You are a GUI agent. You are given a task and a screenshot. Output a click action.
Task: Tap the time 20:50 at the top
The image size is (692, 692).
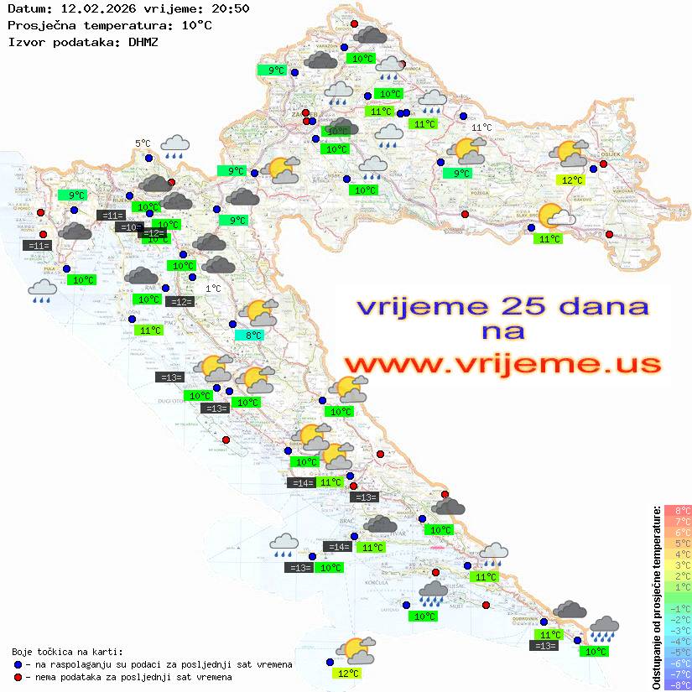tap(230, 8)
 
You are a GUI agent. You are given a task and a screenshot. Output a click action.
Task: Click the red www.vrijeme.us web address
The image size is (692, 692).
tap(502, 364)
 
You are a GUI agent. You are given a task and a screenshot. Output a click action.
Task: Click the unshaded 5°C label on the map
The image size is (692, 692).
tap(143, 143)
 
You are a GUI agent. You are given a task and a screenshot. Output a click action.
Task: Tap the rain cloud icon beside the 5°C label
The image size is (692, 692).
tap(174, 147)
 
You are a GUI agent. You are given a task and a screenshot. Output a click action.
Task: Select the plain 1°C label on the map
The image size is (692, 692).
tap(213, 289)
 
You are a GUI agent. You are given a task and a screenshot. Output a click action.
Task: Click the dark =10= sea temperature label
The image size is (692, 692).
tap(127, 227)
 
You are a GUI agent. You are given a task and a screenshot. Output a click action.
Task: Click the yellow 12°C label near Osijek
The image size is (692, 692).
tap(572, 180)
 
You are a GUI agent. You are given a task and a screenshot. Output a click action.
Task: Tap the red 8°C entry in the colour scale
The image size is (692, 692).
tap(678, 510)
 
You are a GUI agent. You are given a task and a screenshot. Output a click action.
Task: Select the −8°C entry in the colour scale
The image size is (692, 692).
tap(678, 685)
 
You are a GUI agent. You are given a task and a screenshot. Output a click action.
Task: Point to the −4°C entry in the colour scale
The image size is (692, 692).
tap(678, 642)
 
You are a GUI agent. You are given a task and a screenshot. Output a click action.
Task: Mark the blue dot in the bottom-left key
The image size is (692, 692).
tap(18, 664)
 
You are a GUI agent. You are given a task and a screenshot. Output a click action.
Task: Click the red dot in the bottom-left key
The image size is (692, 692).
tap(18, 677)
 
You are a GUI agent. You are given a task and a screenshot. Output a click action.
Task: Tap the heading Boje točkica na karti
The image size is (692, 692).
tap(67, 652)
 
